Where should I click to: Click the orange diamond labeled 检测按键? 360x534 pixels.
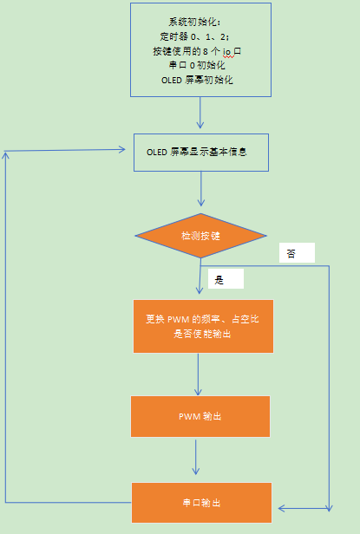coord(200,236)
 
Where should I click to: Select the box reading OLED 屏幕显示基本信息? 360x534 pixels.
coord(201,153)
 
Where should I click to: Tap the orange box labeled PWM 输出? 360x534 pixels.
coord(200,416)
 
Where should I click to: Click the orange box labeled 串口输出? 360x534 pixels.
coord(201,503)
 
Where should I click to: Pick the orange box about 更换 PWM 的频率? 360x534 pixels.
coord(203,326)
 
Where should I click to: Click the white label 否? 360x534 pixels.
coord(297,253)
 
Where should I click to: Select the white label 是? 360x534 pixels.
coord(226,279)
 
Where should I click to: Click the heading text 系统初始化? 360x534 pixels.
coord(194,23)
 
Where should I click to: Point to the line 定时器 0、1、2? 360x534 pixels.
coord(194,36)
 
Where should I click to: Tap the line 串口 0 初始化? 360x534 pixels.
coord(197,65)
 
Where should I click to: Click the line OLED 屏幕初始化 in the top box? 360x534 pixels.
coord(197,80)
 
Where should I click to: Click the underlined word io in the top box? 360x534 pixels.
coord(227,51)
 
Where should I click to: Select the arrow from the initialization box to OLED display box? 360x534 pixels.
coord(200,113)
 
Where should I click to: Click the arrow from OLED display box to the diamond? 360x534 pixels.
coord(200,189)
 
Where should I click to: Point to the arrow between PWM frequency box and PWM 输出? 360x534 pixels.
coord(198,374)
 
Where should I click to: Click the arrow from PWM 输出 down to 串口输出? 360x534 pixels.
coord(196,457)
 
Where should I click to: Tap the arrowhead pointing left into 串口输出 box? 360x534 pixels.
coord(282,509)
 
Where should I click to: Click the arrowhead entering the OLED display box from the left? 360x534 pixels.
coord(122,149)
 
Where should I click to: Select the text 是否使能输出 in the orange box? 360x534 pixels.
coord(202,334)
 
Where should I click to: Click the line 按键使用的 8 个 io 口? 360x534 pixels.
coord(197,51)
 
